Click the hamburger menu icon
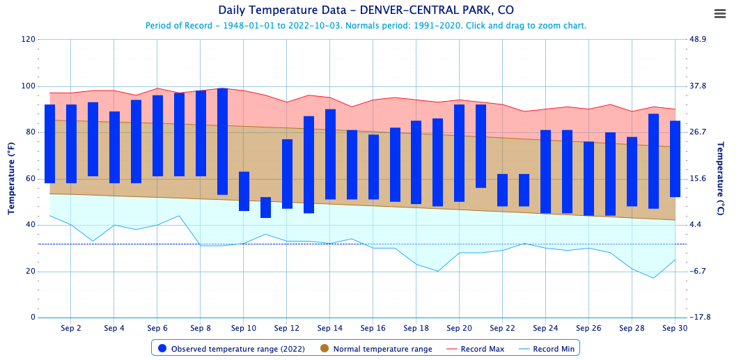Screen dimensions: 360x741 pos(720,14)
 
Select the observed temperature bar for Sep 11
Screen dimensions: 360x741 pos(265,208)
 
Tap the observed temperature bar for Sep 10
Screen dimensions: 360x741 pos(244,191)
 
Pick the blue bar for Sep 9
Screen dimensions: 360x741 pos(222,141)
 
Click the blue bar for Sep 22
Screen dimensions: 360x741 pos(502,190)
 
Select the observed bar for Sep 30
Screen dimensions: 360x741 pos(675,159)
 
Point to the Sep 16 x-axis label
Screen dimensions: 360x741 pos(373,328)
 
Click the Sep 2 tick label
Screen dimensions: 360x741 pos(71,328)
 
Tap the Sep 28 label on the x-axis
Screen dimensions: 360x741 pos(632,328)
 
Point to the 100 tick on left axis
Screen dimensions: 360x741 pos(28,86)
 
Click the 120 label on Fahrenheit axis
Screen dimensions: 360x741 pos(28,40)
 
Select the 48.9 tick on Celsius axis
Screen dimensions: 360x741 pos(697,40)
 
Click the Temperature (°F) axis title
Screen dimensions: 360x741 pos(12,178)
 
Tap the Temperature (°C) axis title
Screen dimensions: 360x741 pos(721,178)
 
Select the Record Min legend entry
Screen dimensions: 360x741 pos(547,349)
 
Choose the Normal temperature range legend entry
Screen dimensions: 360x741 pos(376,349)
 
